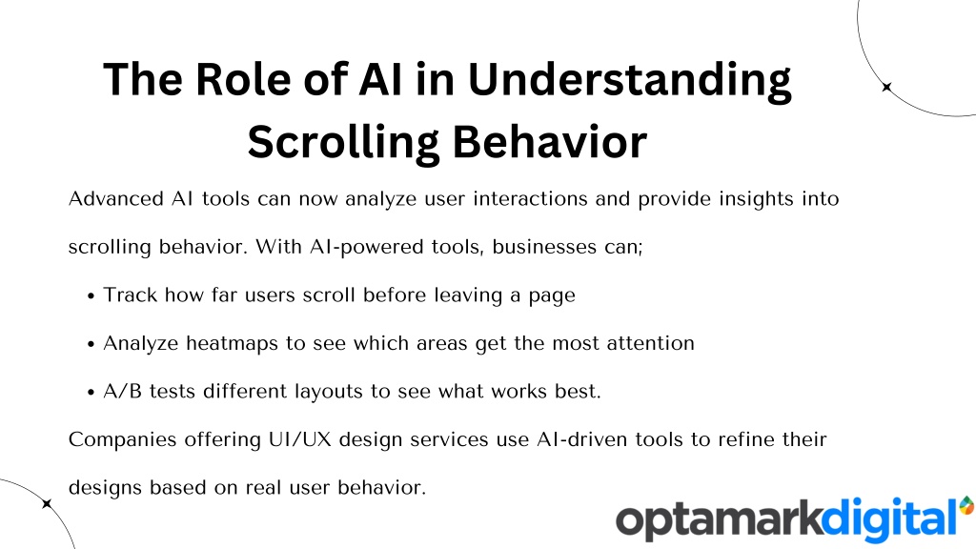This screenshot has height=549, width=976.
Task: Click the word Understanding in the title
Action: [x=629, y=80]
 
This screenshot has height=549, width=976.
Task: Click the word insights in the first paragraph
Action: [x=756, y=199]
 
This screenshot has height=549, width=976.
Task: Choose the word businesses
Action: [x=544, y=247]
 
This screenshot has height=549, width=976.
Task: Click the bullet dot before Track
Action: [x=91, y=296]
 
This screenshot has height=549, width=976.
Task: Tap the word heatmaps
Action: [x=233, y=343]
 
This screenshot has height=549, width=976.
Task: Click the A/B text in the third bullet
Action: [x=123, y=391]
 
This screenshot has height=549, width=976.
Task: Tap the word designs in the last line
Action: [x=105, y=487]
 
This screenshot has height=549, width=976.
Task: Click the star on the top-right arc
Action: [x=887, y=87]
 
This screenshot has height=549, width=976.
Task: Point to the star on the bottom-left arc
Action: [x=48, y=503]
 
